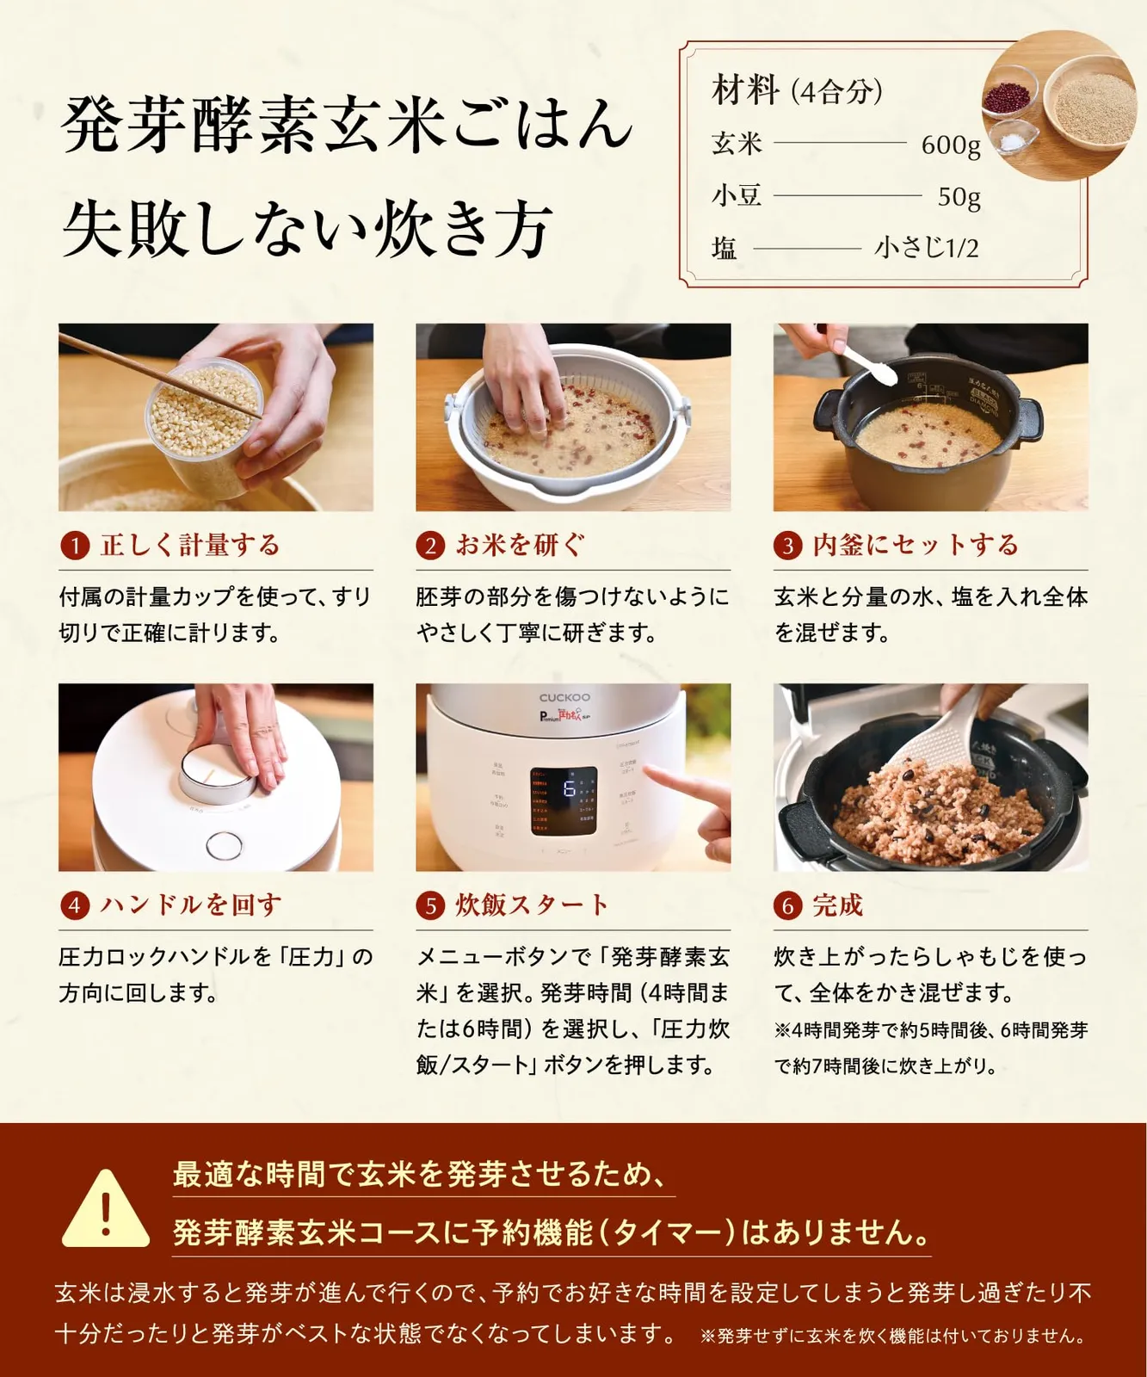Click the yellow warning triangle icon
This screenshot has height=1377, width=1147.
tap(106, 1208)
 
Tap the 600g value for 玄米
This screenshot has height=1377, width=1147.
tap(950, 145)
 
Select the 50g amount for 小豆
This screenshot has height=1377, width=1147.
tap(959, 197)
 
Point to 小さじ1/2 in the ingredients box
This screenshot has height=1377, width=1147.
tap(927, 249)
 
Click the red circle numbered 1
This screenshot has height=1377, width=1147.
tap(75, 546)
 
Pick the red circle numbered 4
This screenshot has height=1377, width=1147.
tap(75, 905)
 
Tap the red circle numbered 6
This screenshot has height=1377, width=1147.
tap(787, 905)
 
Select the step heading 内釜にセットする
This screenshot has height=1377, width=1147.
tap(916, 545)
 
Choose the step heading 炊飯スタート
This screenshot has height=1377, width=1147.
tap(532, 905)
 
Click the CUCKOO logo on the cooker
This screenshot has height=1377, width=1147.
tap(564, 697)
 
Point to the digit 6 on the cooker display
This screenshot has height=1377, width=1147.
tap(569, 789)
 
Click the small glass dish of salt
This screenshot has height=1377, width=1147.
tap(1013, 139)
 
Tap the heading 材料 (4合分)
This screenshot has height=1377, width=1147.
tap(797, 90)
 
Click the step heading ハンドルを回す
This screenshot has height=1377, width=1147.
tap(191, 905)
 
